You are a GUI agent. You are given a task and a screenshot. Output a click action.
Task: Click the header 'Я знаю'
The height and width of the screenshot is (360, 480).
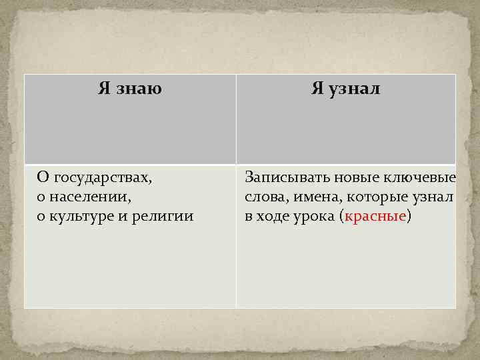(130, 89)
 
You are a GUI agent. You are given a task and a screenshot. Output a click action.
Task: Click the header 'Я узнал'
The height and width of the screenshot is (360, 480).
(345, 89)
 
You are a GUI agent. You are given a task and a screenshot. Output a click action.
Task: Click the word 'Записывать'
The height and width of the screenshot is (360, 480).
(279, 178)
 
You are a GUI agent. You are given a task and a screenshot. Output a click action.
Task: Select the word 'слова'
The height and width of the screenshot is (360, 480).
(261, 197)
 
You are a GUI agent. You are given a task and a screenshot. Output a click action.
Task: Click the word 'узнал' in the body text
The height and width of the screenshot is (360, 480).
(434, 197)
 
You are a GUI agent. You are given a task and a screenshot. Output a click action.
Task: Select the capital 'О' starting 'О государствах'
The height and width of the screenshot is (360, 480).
(43, 178)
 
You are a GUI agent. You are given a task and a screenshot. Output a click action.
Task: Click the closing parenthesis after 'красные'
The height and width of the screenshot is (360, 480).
(409, 217)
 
